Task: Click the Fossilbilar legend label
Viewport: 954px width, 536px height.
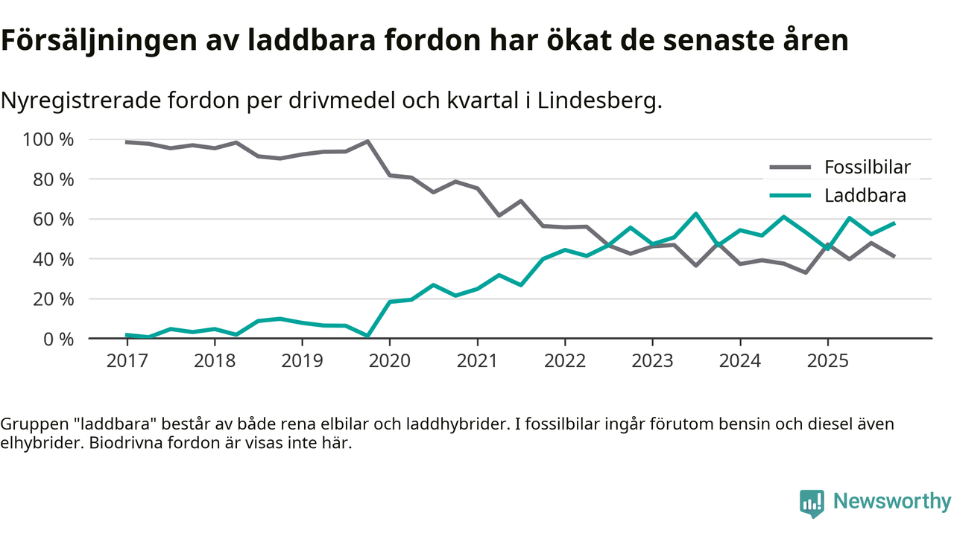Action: pyautogui.click(x=868, y=167)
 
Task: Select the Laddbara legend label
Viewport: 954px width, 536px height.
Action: pyautogui.click(x=865, y=196)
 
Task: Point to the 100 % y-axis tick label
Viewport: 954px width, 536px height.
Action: pyautogui.click(x=48, y=140)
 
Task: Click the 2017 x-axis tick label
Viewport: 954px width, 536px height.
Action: pyautogui.click(x=127, y=361)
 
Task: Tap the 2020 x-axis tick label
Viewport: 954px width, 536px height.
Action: pyautogui.click(x=390, y=361)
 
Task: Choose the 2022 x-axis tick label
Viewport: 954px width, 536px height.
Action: pyautogui.click(x=565, y=361)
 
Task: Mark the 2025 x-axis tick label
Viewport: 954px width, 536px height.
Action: pyautogui.click(x=827, y=361)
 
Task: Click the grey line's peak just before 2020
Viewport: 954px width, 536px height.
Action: pyautogui.click(x=367, y=141)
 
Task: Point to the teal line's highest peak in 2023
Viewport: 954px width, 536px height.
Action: pyautogui.click(x=695, y=214)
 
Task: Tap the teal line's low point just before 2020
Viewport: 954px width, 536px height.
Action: pyautogui.click(x=367, y=336)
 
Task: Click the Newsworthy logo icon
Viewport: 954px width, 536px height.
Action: pyautogui.click(x=812, y=502)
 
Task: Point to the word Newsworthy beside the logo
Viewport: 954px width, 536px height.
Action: pyautogui.click(x=892, y=502)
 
